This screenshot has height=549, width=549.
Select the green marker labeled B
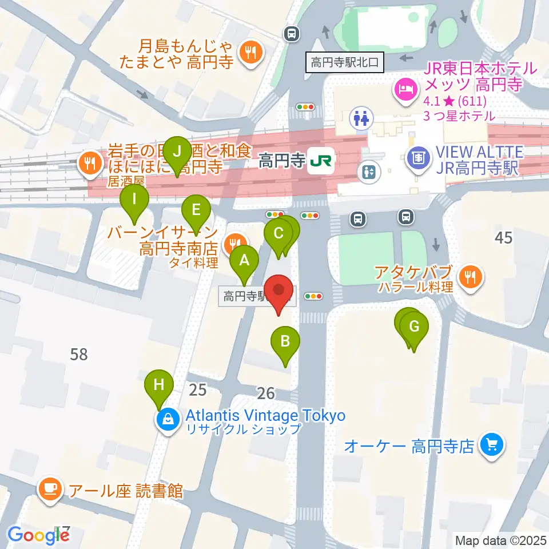coord(285,344)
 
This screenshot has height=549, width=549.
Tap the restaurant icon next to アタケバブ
coord(471,279)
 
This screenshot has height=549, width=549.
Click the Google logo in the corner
coord(38,535)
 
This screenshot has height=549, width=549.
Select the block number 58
coord(79,355)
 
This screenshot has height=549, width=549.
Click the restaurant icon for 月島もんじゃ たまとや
coord(250,53)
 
